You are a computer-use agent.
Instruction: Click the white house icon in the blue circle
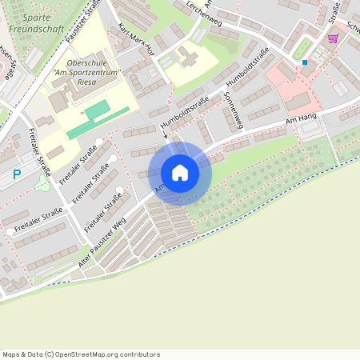click(180, 173)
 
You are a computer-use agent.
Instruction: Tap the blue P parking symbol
click(17, 174)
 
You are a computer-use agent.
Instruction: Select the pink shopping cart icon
click(333, 38)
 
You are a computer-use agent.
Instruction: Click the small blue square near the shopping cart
click(305, 62)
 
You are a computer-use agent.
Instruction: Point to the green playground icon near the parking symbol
click(42, 184)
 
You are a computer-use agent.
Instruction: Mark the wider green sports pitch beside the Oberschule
click(97, 110)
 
